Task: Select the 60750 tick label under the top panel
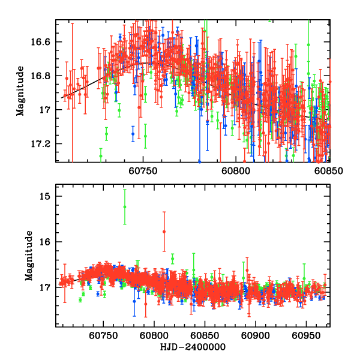[x=143, y=170]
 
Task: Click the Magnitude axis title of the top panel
[x=20, y=91]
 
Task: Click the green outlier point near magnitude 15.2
[x=125, y=206]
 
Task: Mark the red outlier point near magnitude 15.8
[x=164, y=231]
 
